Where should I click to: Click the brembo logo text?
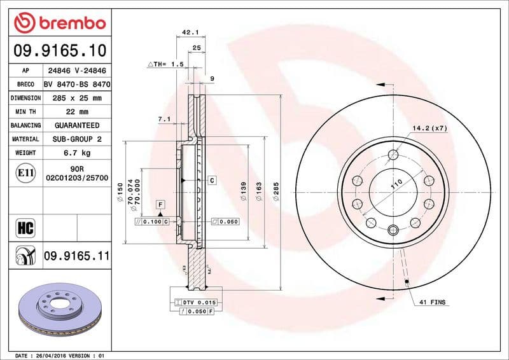pos(70,24)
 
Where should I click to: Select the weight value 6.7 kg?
pos(76,153)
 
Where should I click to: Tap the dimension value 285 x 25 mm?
pos(76,98)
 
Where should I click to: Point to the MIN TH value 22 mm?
pos(76,112)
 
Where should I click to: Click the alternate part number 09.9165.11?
pos(76,256)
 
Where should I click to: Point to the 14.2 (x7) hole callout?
pos(430,128)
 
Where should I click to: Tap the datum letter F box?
pos(161,204)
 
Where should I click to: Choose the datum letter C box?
pos(211,181)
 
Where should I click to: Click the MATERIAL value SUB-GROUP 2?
pos(76,139)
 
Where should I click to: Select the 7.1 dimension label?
pos(164,119)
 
